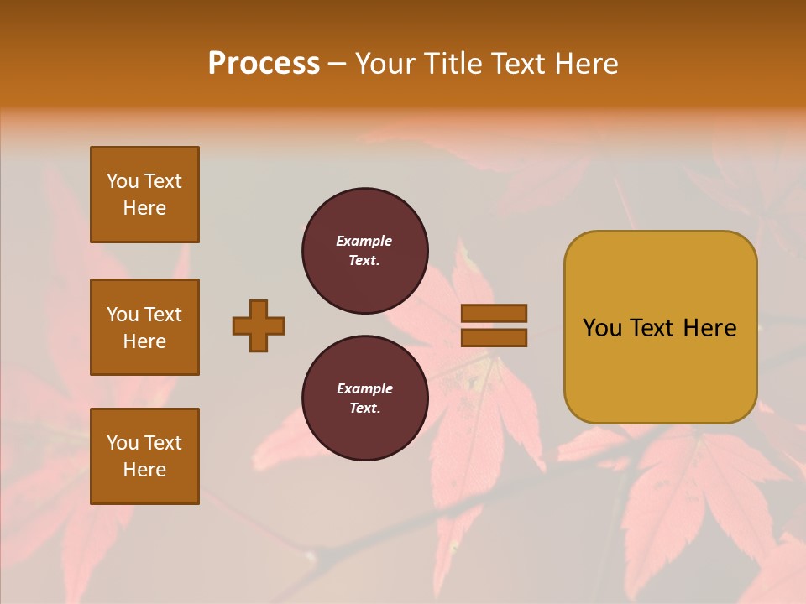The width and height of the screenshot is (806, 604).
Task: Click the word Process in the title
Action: pyautogui.click(x=264, y=64)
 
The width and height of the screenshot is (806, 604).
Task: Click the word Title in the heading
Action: pyautogui.click(x=451, y=64)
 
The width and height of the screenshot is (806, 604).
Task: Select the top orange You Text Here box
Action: pyautogui.click(x=144, y=195)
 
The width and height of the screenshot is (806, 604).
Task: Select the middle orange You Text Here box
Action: pyautogui.click(x=144, y=327)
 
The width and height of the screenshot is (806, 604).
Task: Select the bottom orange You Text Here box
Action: pyautogui.click(x=144, y=456)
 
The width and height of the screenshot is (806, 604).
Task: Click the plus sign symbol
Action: pyautogui.click(x=259, y=325)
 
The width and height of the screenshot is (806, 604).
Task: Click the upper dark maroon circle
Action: pyautogui.click(x=365, y=251)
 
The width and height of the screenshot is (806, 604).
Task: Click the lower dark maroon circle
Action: pyautogui.click(x=365, y=398)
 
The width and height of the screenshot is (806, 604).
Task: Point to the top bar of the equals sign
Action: pyautogui.click(x=494, y=313)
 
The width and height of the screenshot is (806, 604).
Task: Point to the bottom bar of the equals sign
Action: pyautogui.click(x=494, y=337)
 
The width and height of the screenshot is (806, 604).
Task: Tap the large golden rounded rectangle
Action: pyautogui.click(x=660, y=327)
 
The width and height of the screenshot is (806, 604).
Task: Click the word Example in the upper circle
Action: pyautogui.click(x=364, y=241)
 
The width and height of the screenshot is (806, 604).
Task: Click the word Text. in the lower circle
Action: pyautogui.click(x=364, y=409)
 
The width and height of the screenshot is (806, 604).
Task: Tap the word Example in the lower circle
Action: pyautogui.click(x=364, y=388)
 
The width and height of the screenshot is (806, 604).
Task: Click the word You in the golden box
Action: pyautogui.click(x=602, y=328)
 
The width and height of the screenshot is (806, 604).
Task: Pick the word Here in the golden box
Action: pyautogui.click(x=709, y=328)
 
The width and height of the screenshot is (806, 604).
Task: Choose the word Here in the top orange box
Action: pyautogui.click(x=144, y=208)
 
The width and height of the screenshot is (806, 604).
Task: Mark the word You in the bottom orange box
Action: pyautogui.click(x=123, y=443)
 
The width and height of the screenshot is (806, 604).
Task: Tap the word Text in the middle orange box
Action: pyautogui.click(x=163, y=315)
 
